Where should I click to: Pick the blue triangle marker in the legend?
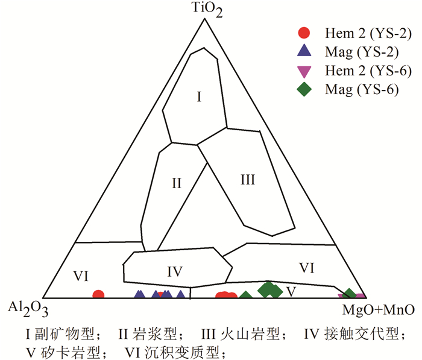306,51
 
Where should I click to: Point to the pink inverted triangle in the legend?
306,71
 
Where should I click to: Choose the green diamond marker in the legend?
306,90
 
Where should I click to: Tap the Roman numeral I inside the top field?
198,96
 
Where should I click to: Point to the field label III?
248,179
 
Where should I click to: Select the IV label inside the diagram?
175,271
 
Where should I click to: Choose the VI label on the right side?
306,267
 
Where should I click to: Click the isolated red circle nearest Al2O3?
98,295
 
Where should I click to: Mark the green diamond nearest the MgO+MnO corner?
348,294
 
